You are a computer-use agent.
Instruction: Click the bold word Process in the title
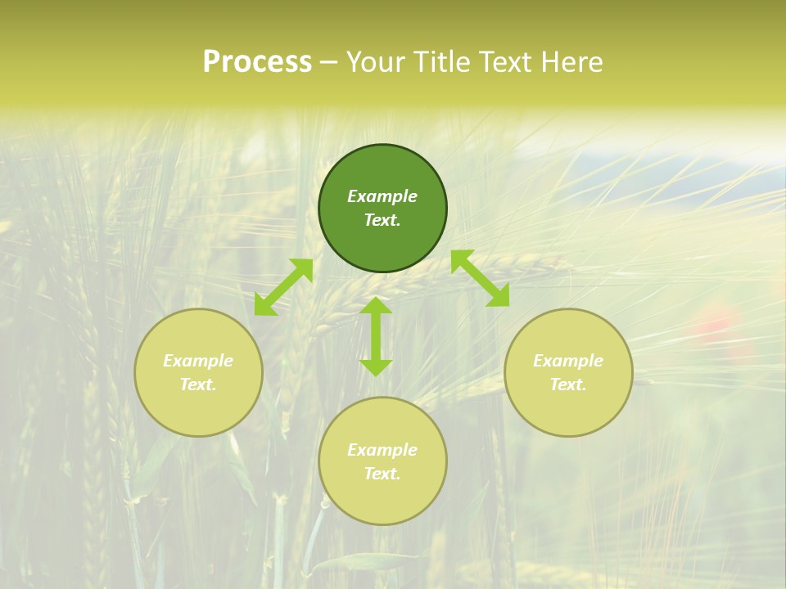[x=257, y=62]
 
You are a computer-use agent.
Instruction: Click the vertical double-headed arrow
[x=376, y=336]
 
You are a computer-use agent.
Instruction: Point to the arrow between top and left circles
[x=283, y=287]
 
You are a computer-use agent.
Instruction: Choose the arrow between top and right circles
[x=480, y=278]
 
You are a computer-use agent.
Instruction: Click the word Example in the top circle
[x=382, y=196]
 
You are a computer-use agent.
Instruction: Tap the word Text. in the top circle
[x=382, y=220]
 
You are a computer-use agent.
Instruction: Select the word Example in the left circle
[x=198, y=361]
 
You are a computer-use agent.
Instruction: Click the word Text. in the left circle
[x=198, y=384]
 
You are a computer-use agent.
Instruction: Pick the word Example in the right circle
[x=568, y=361]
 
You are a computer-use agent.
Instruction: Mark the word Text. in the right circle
[x=568, y=384]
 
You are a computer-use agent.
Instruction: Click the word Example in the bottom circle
[x=382, y=450]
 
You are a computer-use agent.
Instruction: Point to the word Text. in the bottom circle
[x=382, y=474]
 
